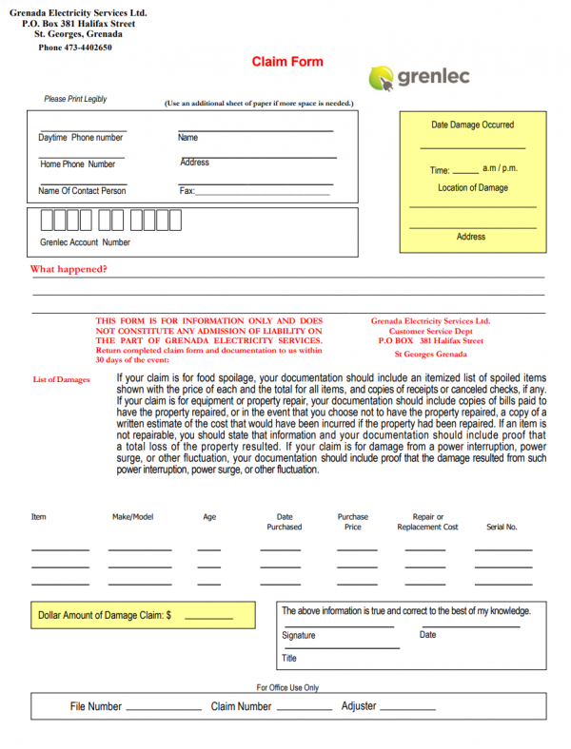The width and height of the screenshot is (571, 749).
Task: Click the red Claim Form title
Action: [x=287, y=62]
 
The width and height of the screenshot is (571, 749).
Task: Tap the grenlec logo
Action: [x=420, y=77]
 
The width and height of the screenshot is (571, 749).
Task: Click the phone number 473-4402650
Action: [x=75, y=48]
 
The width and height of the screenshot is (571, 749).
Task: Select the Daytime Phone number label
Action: [x=81, y=138]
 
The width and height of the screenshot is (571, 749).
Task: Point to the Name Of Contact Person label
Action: [x=82, y=191]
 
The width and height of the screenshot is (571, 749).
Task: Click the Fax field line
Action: [x=263, y=193]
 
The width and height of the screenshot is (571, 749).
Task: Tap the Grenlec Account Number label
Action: [x=86, y=242]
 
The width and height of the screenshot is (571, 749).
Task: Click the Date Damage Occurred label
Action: [x=472, y=125]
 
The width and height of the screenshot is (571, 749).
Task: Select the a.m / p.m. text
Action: [x=500, y=168]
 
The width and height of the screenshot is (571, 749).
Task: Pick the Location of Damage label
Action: [x=473, y=187]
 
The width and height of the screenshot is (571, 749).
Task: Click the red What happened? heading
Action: [x=69, y=269]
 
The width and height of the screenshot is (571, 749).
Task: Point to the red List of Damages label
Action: [x=61, y=380]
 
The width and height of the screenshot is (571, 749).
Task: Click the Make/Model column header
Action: [x=132, y=517]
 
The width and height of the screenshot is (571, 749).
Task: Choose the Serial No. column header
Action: [x=502, y=527]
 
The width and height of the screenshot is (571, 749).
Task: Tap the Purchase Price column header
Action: [x=353, y=522]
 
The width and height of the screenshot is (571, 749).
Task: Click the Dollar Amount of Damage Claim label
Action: [x=105, y=616]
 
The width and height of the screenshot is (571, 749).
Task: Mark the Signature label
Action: [x=299, y=635]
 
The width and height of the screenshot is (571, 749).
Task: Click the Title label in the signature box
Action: [x=289, y=658]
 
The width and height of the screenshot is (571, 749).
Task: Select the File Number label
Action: [x=96, y=706]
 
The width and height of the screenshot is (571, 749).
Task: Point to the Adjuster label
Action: [x=359, y=706]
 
